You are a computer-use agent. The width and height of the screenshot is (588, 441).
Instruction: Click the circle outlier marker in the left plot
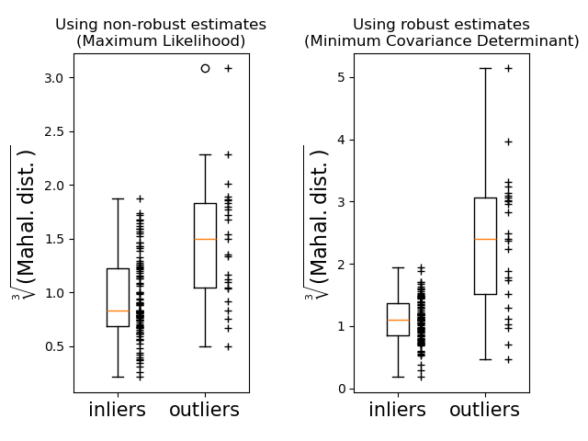click(x=205, y=68)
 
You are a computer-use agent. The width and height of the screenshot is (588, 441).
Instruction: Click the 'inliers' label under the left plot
click(x=117, y=410)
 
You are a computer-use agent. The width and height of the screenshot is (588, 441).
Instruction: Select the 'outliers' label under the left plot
click(x=204, y=410)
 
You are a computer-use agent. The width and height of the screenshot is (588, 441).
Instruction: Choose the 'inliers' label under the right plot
click(x=397, y=410)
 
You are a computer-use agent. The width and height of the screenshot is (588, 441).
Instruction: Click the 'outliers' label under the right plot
click(x=484, y=410)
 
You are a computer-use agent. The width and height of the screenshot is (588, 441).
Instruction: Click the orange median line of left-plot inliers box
click(x=118, y=311)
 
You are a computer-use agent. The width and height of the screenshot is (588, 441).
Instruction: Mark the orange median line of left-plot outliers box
click(x=205, y=239)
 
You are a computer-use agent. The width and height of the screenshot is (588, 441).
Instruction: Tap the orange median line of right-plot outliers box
click(x=485, y=239)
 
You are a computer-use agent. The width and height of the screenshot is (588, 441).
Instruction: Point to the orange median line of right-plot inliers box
click(x=398, y=320)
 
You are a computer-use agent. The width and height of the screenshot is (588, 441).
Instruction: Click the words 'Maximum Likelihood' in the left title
click(x=161, y=41)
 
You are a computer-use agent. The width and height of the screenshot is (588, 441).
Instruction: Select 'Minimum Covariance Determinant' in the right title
click(x=442, y=41)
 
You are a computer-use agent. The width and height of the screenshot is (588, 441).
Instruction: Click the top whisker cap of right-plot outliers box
click(x=485, y=68)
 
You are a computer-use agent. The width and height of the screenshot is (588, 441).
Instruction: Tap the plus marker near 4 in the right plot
click(x=508, y=141)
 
